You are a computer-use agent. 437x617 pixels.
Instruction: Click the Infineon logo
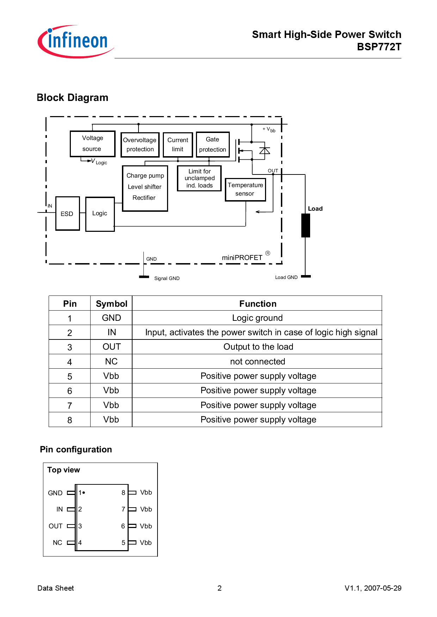[75, 41]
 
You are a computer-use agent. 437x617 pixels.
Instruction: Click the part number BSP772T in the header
[379, 47]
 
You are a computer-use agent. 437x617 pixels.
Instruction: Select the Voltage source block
[92, 144]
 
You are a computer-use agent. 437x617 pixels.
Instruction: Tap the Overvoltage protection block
[140, 145]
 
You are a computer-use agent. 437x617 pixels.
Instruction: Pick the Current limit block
[178, 145]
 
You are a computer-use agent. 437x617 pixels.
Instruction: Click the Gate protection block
[213, 144]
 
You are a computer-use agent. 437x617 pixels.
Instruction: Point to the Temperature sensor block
[245, 190]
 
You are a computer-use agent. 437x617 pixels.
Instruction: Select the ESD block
[67, 214]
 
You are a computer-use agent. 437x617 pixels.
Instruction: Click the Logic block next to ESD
[100, 214]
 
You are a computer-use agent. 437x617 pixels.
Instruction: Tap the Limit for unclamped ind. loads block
[199, 178]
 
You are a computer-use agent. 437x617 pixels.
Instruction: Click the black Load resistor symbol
[306, 225]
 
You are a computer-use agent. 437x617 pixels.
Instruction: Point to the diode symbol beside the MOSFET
[264, 151]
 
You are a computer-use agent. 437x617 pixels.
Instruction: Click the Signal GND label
[167, 278]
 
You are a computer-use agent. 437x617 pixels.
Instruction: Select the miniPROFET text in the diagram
[242, 257]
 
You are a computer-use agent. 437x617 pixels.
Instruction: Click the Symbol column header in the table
[111, 304]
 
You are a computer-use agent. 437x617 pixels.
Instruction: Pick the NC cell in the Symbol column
[111, 361]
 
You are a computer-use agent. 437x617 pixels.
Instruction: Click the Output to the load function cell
[258, 347]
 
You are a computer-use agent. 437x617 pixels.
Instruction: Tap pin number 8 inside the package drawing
[123, 492]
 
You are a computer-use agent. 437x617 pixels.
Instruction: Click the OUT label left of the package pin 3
[55, 526]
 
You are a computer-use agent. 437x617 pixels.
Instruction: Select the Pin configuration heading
[76, 449]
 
